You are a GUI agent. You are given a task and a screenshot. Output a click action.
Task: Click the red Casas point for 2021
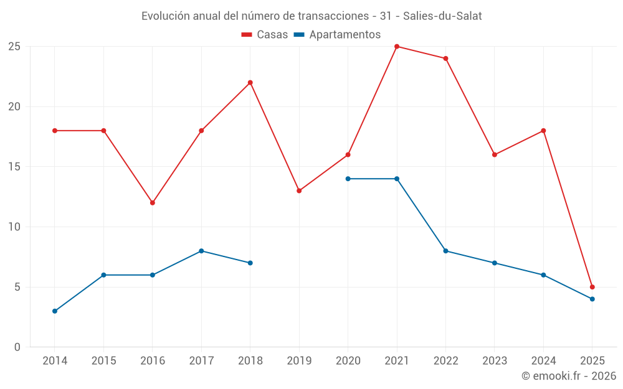[397, 47]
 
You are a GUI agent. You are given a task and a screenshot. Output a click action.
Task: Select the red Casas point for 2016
[153, 203]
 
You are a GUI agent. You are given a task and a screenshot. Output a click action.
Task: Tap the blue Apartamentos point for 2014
[55, 311]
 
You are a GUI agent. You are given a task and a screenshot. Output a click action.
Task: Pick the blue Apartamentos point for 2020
[348, 179]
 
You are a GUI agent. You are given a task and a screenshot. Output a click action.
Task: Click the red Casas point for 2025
[592, 287]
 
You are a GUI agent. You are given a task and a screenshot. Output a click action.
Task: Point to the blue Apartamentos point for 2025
[592, 299]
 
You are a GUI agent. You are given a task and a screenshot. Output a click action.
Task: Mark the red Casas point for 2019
[299, 191]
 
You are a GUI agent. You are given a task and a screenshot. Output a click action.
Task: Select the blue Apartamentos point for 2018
[250, 263]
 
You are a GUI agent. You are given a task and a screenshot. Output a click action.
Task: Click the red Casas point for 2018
[250, 83]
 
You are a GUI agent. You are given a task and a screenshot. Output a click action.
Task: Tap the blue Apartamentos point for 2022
[446, 251]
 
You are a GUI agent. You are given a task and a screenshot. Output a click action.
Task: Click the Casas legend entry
[265, 35]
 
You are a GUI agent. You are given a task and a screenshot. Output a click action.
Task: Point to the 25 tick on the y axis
[14, 47]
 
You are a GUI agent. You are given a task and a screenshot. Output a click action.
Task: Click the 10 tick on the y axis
[14, 227]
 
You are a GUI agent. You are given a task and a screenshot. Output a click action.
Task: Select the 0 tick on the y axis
[17, 347]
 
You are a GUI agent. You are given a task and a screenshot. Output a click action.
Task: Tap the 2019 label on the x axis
[299, 361]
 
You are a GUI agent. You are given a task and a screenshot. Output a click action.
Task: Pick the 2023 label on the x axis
[495, 361]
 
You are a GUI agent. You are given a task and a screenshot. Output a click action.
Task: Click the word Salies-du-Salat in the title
[442, 16]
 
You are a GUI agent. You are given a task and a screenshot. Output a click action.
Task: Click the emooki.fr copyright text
[569, 376]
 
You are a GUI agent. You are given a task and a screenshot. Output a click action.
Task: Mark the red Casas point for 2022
[446, 59]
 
